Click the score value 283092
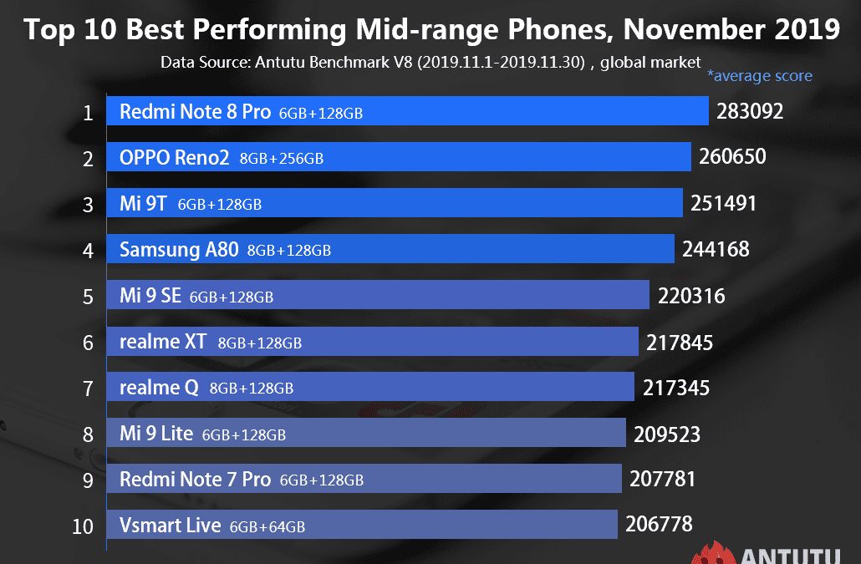(750, 111)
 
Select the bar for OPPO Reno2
(502, 157)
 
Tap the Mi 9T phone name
(144, 203)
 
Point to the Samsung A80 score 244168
(716, 249)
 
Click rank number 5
(88, 296)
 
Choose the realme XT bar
(468, 342)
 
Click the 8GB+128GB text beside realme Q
(252, 389)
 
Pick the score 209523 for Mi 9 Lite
(666, 434)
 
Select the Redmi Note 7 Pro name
(195, 480)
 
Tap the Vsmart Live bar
(460, 526)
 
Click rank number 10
(84, 526)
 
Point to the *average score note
(760, 76)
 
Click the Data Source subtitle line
(430, 62)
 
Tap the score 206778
(659, 525)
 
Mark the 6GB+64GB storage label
(267, 527)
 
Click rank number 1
(88, 113)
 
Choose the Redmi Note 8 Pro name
(195, 112)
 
